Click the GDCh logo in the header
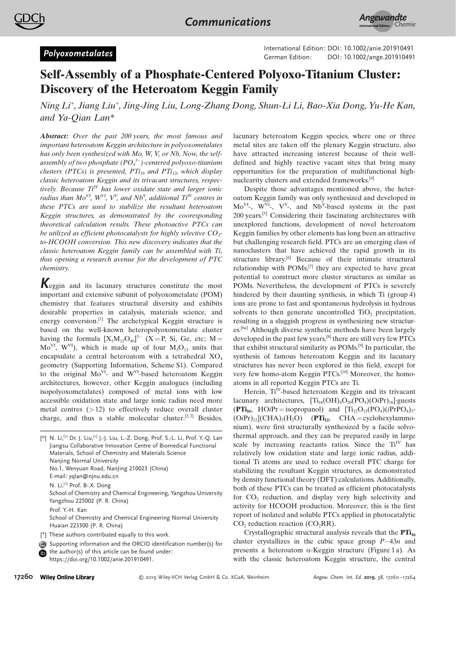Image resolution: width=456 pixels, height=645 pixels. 29,21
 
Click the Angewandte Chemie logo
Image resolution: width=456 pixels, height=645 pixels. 387,21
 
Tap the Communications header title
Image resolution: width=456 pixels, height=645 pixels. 228,22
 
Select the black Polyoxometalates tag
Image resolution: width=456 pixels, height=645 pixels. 78,54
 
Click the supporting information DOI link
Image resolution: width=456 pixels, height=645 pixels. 101,559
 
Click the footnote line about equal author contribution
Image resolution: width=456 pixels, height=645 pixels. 109,535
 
